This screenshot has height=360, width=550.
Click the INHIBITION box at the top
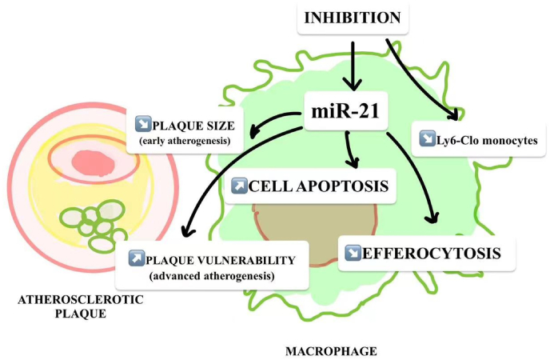pyautogui.click(x=353, y=17)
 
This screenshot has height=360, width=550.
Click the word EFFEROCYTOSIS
pyautogui.click(x=432, y=254)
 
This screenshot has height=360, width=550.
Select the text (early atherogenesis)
pyautogui.click(x=184, y=142)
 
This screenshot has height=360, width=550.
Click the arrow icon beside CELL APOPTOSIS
pyautogui.click(x=237, y=186)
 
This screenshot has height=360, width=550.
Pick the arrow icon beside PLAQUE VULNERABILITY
pyautogui.click(x=136, y=259)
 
